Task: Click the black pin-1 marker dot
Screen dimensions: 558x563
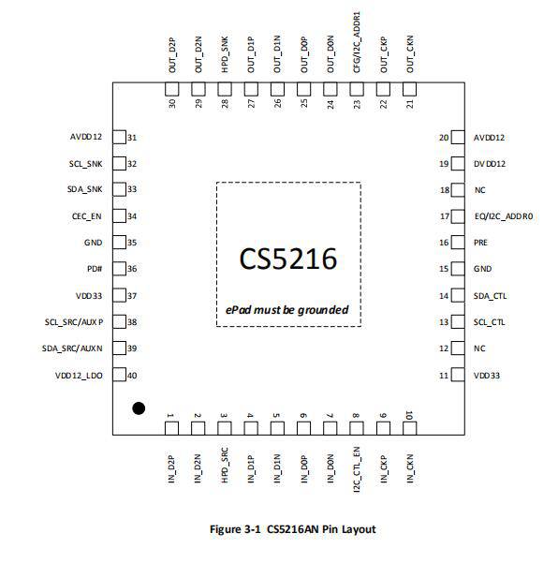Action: click(139, 408)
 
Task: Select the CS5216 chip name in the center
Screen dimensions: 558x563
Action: click(288, 259)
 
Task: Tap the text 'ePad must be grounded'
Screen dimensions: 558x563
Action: click(286, 310)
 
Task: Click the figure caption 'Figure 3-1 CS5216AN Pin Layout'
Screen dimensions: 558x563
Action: click(292, 529)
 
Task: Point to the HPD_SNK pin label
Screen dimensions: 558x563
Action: click(225, 54)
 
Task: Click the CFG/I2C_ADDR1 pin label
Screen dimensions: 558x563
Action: click(357, 42)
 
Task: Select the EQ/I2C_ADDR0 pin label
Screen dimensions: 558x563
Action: click(504, 216)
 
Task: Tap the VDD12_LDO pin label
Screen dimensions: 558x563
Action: click(79, 376)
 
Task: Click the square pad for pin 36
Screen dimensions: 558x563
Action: click(120, 269)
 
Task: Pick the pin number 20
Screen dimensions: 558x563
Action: click(444, 138)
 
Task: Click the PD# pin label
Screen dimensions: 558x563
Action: click(95, 269)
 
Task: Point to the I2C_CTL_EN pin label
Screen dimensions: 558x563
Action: click(357, 469)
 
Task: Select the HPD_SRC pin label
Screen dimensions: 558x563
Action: click(225, 466)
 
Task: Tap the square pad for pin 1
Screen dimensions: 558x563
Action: click(171, 428)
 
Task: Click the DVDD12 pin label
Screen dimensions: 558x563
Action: click(490, 164)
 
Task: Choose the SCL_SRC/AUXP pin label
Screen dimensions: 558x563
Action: click(74, 322)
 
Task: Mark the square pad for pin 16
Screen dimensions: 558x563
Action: click(458, 243)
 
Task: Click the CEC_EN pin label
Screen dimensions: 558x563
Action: click(87, 216)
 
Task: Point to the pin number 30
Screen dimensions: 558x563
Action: click(172, 103)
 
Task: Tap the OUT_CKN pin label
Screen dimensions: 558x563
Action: click(410, 53)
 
